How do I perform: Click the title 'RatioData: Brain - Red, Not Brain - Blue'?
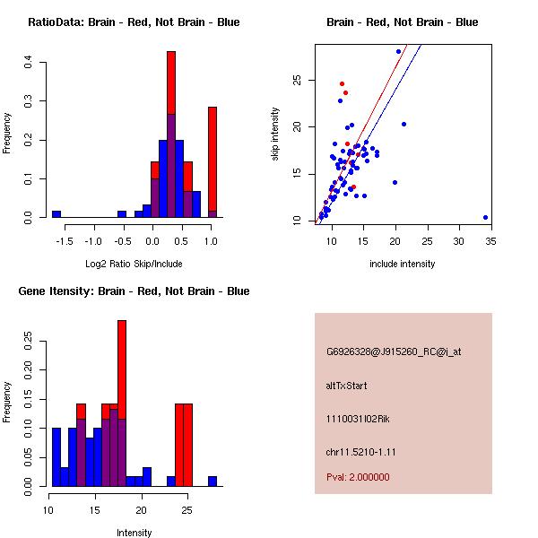coord(134,22)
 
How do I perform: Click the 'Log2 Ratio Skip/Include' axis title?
coord(134,263)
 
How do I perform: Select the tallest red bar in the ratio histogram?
coord(170,134)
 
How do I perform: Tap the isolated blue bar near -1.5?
coord(56,214)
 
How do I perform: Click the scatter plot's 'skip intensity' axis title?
coord(276,134)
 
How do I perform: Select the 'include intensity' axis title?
coord(403,263)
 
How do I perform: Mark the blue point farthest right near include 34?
coord(485,217)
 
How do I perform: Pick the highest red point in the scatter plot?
coord(342,83)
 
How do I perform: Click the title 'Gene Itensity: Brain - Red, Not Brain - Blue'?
coord(134,291)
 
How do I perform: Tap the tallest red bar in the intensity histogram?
coord(122,403)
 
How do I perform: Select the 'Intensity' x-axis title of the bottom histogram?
coord(134,532)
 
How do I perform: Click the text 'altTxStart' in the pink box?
coord(346,386)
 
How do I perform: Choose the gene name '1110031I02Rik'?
coord(358,419)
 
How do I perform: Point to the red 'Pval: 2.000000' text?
coord(358,478)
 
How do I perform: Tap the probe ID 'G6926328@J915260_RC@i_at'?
coord(393,352)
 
